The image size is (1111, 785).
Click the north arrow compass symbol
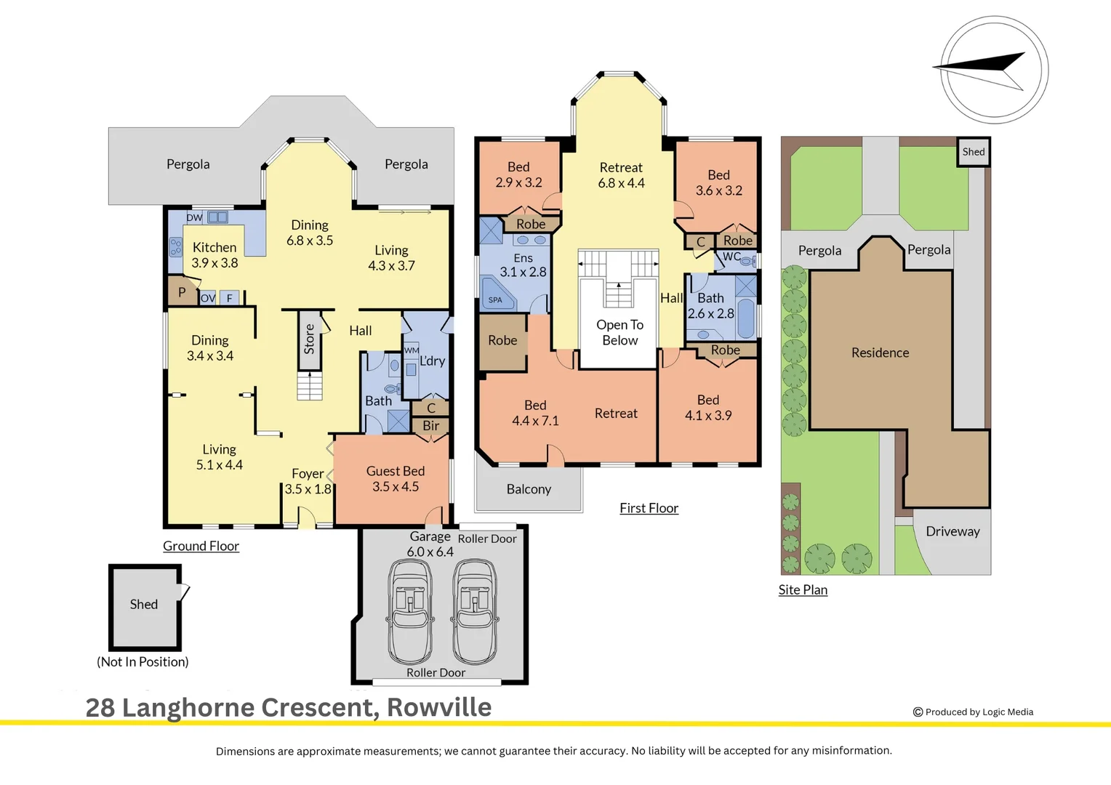[994, 70]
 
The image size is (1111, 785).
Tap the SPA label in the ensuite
[495, 300]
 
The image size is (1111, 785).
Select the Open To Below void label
[619, 332]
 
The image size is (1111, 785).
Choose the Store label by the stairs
[309, 339]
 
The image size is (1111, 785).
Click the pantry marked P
[182, 292]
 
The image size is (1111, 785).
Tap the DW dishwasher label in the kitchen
[194, 217]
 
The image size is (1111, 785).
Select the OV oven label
[208, 298]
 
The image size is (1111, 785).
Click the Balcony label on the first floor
[529, 489]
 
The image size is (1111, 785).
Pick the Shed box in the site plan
[973, 152]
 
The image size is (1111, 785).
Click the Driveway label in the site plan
[952, 531]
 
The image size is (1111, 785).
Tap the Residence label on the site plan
[881, 353]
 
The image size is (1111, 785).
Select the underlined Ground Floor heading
[201, 546]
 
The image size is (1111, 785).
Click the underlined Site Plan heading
[803, 589]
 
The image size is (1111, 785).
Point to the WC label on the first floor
[731, 257]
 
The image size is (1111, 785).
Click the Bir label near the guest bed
[431, 425]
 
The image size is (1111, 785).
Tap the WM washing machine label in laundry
[412, 350]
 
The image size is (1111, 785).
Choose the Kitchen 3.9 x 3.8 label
[214, 255]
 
